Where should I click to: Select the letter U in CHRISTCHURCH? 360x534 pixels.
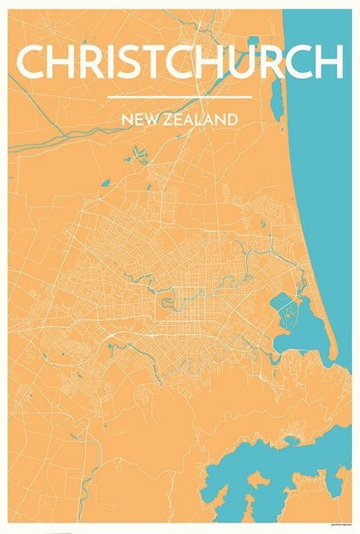259,61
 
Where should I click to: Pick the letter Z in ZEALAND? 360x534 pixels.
168,120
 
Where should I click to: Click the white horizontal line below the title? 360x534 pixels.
179,97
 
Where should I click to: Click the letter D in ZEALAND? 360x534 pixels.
232,120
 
